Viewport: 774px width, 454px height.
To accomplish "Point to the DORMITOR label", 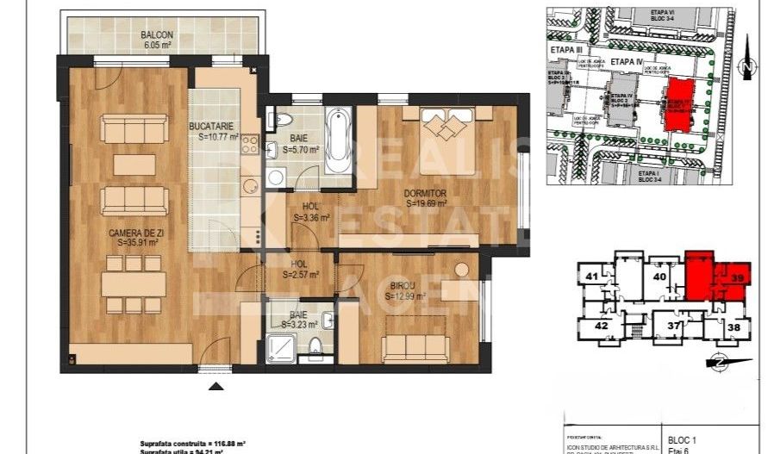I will tap(425, 194).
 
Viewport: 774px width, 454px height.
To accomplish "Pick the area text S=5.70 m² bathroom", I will tap(292, 148).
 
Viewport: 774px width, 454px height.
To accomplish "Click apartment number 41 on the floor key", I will tap(592, 277).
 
